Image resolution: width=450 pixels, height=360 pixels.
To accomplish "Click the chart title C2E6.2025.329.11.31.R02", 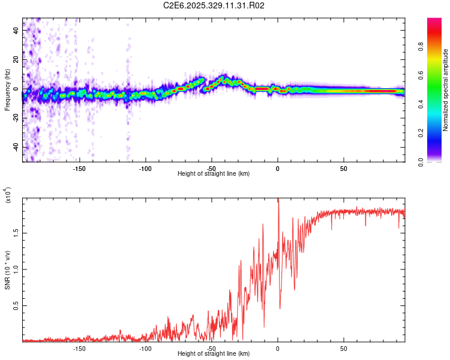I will (x=214, y=5).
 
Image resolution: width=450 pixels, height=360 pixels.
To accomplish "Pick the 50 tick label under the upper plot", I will (x=343, y=169).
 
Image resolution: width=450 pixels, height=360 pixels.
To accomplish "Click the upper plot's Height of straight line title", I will (x=214, y=174).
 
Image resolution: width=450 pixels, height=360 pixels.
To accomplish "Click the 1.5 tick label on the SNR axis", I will (x=17, y=232).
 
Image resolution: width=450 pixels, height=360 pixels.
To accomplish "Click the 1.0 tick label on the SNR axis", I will (x=17, y=269).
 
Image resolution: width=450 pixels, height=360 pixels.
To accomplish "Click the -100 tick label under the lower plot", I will (x=145, y=349).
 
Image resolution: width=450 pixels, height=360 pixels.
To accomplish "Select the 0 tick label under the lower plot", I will (x=277, y=349).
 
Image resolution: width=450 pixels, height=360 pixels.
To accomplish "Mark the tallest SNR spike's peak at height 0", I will (x=278, y=199).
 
